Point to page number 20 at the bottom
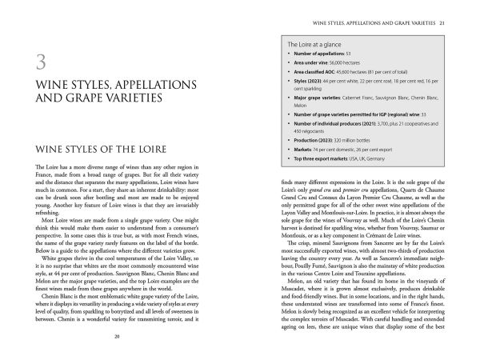pos(117,336)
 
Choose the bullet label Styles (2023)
pos(306,80)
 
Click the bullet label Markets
pos(302,149)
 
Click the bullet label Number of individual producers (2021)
pos(334,123)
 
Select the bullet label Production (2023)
pos(314,140)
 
